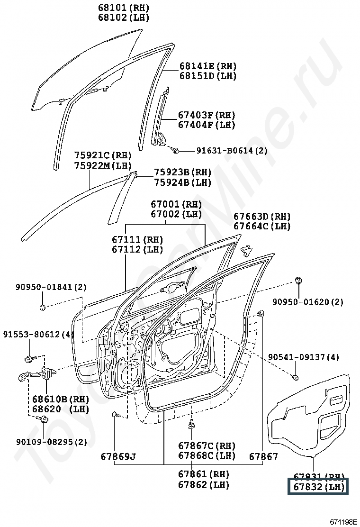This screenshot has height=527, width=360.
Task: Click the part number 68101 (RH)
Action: tap(123, 8)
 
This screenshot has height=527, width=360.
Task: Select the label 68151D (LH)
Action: tap(207, 76)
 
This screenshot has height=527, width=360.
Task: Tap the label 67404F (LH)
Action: tap(207, 125)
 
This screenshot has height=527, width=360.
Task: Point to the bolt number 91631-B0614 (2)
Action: tap(232, 151)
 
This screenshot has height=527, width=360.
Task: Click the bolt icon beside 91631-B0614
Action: tap(176, 151)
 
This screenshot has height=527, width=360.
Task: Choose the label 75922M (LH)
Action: tap(103, 165)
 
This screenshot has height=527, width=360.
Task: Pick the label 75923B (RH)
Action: tap(182, 173)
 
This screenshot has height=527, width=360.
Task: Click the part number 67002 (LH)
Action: tap(176, 214)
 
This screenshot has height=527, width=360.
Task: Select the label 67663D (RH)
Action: tap(261, 217)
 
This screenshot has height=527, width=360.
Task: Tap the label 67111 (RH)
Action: tap(137, 240)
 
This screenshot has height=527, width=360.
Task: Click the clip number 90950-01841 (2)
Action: tap(51, 287)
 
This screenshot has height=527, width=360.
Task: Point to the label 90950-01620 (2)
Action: tap(308, 302)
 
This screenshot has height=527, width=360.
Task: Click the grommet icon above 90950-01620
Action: tap(299, 280)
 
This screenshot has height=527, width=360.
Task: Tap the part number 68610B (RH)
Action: tap(61, 399)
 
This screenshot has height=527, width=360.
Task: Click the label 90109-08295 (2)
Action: tap(51, 442)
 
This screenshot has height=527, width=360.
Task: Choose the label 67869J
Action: tap(118, 457)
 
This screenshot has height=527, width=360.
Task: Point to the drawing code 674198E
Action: tap(343, 522)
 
